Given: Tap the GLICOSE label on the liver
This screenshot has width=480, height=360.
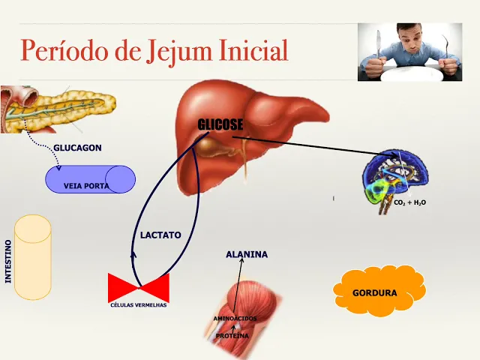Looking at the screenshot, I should [x=220, y=124].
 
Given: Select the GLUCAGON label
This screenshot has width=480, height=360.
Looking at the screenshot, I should [x=77, y=148].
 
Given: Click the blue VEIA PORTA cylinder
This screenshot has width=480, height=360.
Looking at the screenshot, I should [x=91, y=180].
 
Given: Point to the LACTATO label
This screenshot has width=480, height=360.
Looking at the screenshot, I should [x=160, y=235].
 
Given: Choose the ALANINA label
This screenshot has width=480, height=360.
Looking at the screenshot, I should [x=247, y=255].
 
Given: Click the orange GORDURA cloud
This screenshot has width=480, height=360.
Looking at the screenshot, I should [x=375, y=292].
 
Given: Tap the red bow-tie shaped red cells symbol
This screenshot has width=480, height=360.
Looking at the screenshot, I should [x=139, y=288].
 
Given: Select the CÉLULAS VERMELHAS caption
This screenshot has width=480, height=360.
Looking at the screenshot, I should [x=139, y=305].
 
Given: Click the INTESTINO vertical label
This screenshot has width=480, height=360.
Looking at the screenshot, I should [x=8, y=261].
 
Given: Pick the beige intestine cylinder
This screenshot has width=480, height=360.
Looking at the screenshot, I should [x=33, y=256].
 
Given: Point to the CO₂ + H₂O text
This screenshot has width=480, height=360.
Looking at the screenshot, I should [x=409, y=202].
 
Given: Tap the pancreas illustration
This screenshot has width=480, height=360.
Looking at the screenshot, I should [x=56, y=109].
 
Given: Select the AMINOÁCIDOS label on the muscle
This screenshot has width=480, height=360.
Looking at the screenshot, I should [x=235, y=319].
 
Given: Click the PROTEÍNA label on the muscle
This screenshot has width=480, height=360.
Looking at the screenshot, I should [x=232, y=336].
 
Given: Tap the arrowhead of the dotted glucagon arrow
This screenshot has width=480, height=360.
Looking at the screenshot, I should [x=58, y=167].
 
